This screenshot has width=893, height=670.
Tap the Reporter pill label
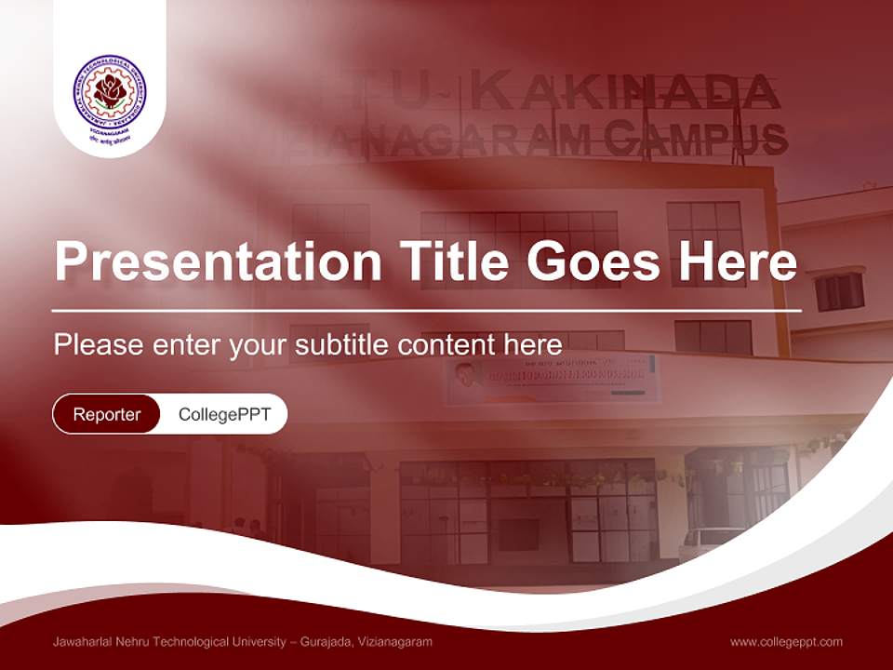[107, 414]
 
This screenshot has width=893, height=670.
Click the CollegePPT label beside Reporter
[224, 414]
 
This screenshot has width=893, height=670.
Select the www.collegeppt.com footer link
[786, 642]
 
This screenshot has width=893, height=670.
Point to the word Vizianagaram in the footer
[396, 642]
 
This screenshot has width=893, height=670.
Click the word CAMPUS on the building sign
[695, 139]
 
